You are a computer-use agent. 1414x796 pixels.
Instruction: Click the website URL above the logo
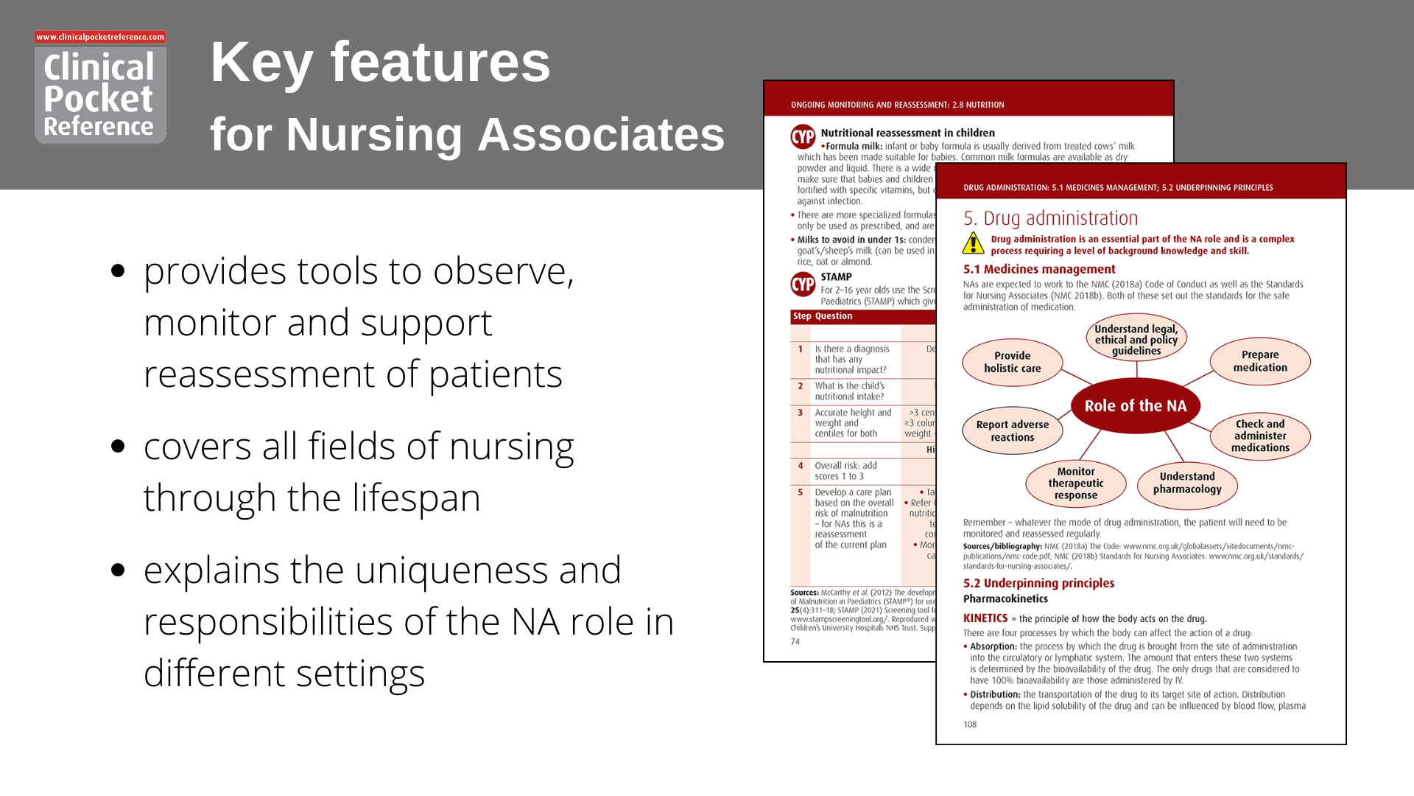click(x=100, y=37)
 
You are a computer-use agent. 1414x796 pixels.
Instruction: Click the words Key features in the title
click(x=380, y=63)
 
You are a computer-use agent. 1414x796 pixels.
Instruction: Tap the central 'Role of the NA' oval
click(x=1135, y=406)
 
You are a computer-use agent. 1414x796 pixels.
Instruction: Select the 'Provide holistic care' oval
click(x=1012, y=362)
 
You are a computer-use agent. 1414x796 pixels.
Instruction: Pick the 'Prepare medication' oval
click(x=1259, y=361)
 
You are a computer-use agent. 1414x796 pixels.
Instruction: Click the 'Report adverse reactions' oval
click(x=1012, y=430)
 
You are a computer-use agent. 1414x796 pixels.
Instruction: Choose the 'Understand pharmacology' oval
click(x=1186, y=483)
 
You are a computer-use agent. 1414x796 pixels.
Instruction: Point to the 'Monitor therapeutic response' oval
click(x=1075, y=483)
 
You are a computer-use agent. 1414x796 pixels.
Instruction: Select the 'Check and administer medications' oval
click(x=1259, y=436)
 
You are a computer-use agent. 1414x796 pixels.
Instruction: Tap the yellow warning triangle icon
click(x=973, y=243)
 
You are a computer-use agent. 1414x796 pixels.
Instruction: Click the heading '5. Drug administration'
click(x=1050, y=218)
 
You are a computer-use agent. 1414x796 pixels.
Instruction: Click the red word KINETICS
click(x=985, y=618)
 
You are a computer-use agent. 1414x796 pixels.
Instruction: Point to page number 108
click(x=970, y=725)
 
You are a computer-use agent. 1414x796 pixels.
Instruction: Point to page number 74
click(x=795, y=642)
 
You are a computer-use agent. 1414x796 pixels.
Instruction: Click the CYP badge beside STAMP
click(x=803, y=284)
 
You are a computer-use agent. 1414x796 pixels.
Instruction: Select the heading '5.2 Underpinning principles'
click(x=1038, y=583)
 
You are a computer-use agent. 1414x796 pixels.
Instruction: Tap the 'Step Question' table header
click(x=823, y=316)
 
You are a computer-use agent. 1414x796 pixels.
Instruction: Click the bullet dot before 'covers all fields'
click(x=118, y=446)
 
